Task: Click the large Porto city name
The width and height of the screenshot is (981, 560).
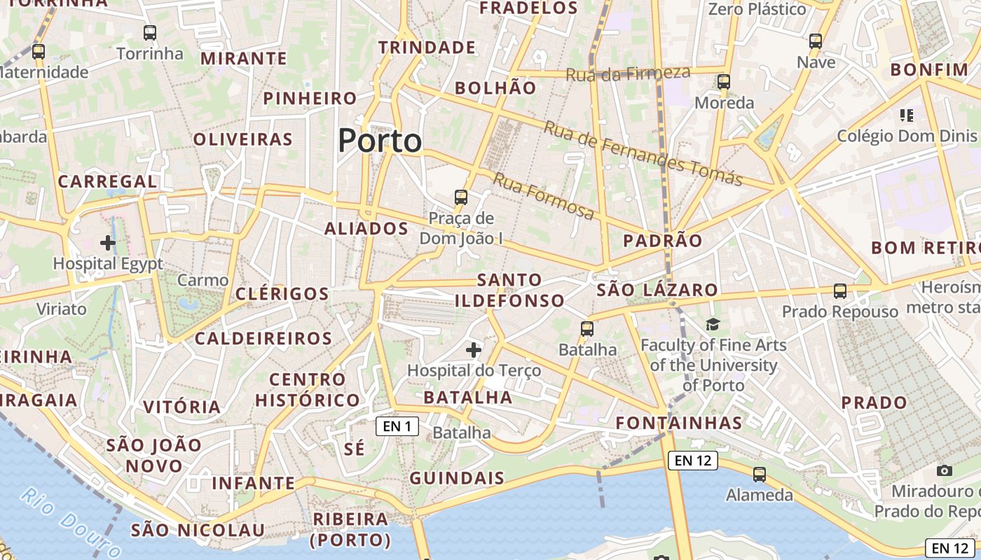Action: click(x=380, y=141)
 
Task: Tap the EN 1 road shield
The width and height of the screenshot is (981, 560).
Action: click(x=397, y=426)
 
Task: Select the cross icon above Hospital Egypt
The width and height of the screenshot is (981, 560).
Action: click(x=108, y=243)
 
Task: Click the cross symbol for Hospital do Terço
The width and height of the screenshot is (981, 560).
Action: click(x=474, y=349)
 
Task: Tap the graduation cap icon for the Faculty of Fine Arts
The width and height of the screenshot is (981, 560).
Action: click(x=713, y=324)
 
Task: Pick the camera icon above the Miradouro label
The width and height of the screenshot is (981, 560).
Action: click(x=944, y=470)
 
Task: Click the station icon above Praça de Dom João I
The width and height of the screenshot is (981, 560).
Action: click(x=460, y=197)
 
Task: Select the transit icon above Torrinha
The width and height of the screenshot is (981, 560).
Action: click(x=149, y=32)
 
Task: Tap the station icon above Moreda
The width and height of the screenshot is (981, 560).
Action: click(x=724, y=82)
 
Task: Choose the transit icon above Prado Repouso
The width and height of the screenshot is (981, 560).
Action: click(x=839, y=290)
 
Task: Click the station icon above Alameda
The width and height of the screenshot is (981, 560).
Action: click(x=759, y=475)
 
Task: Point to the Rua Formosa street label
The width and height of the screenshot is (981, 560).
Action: click(x=544, y=196)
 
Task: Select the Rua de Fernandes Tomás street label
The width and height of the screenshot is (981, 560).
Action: click(x=643, y=153)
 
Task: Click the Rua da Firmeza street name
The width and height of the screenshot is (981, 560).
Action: click(x=628, y=73)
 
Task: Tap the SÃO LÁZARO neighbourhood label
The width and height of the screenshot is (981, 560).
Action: click(x=657, y=290)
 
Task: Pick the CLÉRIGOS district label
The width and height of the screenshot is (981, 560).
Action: click(x=282, y=293)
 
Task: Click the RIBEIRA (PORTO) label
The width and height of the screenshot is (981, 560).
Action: click(x=350, y=529)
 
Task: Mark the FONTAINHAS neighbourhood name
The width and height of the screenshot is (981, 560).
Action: click(x=678, y=423)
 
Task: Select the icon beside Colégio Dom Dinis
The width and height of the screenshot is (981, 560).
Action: click(x=907, y=115)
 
